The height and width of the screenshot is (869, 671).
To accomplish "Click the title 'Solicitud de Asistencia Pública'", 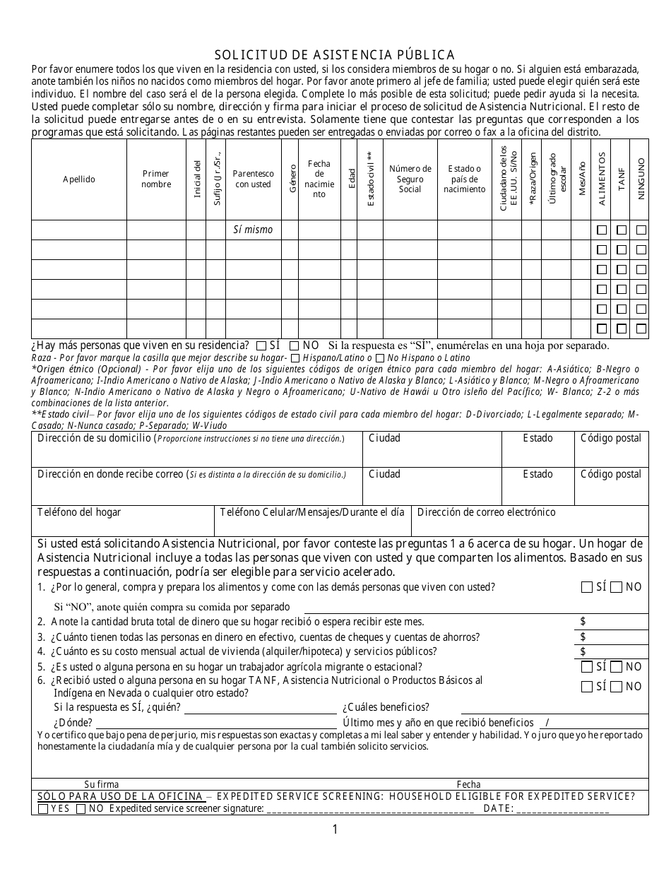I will point(335,54).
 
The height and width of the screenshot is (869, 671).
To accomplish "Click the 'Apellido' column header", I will point(78,179).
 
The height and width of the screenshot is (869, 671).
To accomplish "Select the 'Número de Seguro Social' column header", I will point(410,179).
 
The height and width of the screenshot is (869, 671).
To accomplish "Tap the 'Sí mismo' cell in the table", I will point(253,230).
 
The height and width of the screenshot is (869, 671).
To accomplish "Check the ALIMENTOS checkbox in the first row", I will point(602,230).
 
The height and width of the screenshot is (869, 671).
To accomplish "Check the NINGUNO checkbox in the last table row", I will point(641,329).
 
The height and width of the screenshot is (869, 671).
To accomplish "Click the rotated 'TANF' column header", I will point(622,179).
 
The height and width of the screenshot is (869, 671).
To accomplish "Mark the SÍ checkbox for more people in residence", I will point(261,346).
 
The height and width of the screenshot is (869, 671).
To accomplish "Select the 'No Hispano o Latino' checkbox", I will point(380,358).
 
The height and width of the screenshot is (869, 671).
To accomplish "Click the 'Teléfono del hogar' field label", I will point(78,512).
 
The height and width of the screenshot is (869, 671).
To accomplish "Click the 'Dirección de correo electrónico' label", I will point(486,512).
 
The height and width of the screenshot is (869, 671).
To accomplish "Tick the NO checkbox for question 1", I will point(616,587).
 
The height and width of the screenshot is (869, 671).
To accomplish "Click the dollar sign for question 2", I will point(583,622).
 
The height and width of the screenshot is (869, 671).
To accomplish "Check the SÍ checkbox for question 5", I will point(587,667).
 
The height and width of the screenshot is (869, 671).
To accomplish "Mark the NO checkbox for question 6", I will point(616,687).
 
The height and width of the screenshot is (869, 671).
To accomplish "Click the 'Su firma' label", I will point(102,784).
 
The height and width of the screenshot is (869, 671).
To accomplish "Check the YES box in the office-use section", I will point(44,809).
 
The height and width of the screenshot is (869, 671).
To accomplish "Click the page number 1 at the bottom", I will point(335,829).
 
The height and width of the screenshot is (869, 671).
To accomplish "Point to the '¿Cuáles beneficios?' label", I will point(386,707).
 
